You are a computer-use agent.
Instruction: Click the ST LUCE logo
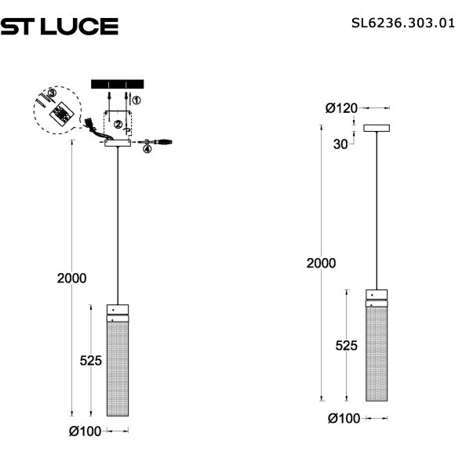(x=60, y=27)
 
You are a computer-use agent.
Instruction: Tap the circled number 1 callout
(x=136, y=100)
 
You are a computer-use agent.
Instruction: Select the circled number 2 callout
(x=117, y=124)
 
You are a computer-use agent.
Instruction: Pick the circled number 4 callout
(x=146, y=149)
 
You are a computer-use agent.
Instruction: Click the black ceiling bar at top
(x=118, y=83)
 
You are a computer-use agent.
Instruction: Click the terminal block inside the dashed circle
(x=58, y=115)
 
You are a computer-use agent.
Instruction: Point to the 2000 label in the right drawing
(x=321, y=264)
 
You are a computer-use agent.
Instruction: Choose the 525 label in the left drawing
(x=91, y=360)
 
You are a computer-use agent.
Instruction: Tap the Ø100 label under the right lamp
(x=343, y=418)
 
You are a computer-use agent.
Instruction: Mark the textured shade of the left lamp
(x=118, y=369)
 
